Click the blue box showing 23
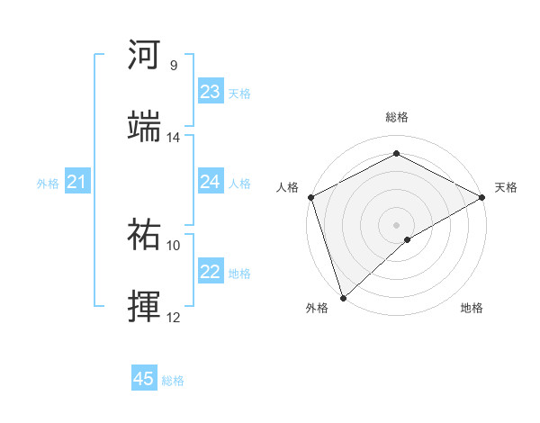[211, 92]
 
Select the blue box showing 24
[211, 182]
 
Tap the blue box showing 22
[211, 272]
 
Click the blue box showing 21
[77, 183]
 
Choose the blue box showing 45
[144, 379]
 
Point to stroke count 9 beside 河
[173, 66]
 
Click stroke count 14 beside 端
[173, 138]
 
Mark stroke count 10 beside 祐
[173, 245]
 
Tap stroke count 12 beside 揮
[173, 317]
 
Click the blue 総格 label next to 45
[173, 381]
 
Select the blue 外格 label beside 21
[48, 184]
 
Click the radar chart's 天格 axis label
[506, 187]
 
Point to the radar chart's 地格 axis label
[472, 308]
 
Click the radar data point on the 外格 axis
[342, 298]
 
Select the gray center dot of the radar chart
[396, 224]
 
